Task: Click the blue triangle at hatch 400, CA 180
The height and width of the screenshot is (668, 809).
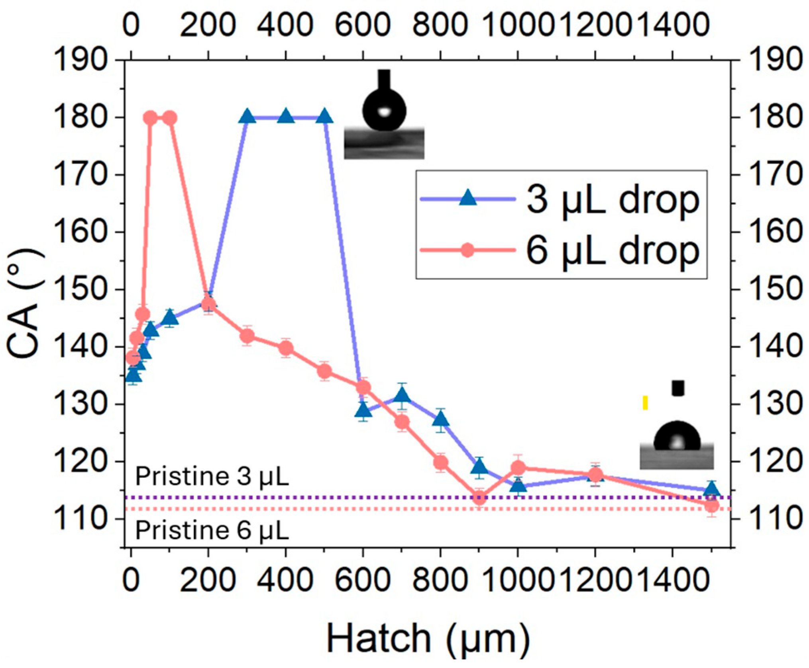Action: (286, 117)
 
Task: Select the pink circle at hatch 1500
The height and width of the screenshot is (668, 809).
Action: (712, 506)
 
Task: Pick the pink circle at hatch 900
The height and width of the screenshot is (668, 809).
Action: (479, 498)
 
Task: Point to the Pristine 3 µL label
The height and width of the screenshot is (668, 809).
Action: (212, 477)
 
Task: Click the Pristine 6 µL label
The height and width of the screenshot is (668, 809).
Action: (212, 530)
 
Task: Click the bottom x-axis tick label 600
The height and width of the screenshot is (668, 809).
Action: (363, 580)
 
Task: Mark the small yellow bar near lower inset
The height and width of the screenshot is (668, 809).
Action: (645, 402)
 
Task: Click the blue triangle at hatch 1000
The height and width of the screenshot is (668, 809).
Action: (518, 486)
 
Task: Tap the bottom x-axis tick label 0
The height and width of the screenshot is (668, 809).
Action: (131, 580)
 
